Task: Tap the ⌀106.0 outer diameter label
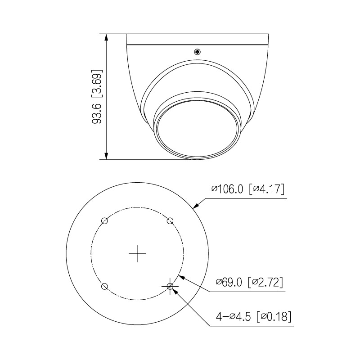coord(227,189)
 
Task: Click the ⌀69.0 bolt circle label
coord(229,282)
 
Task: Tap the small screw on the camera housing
coord(197,52)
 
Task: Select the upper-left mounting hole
coord(104,220)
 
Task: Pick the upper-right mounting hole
coord(171,220)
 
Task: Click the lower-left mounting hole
coord(104,286)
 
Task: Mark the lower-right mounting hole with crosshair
coord(170,286)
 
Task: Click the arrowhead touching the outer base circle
coord(196,207)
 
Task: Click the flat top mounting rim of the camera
coord(198,40)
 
